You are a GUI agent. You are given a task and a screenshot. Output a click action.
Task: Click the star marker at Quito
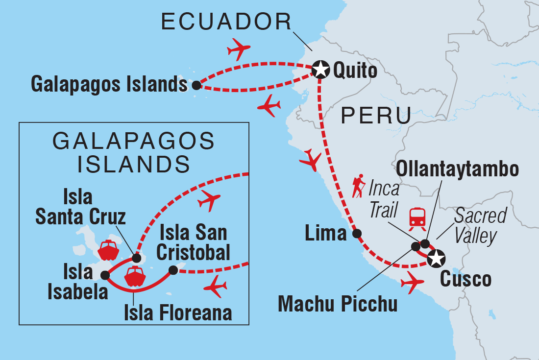[x=320, y=69]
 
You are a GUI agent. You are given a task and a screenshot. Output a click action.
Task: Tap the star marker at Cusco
[x=436, y=258]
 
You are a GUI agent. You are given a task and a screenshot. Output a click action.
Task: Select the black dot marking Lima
[x=358, y=234]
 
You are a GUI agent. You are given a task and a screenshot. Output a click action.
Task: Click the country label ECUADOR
[x=226, y=22]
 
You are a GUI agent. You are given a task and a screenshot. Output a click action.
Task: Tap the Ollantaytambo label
[x=458, y=170]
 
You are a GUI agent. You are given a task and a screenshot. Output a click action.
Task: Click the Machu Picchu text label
[x=338, y=304]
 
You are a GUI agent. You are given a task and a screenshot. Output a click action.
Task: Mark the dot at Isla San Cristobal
[x=172, y=270]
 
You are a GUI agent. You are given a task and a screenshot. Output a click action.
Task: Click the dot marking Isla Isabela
[x=104, y=275]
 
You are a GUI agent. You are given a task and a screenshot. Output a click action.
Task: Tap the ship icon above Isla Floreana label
[x=135, y=278]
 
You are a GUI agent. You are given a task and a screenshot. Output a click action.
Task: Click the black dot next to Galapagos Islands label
[x=196, y=85]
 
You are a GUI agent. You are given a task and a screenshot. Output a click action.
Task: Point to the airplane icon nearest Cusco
[x=412, y=282]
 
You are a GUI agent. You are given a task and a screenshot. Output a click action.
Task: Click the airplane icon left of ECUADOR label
[x=239, y=49]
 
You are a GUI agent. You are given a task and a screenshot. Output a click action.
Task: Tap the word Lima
[x=325, y=234]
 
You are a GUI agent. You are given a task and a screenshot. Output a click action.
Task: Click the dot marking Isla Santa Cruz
[x=137, y=258]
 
